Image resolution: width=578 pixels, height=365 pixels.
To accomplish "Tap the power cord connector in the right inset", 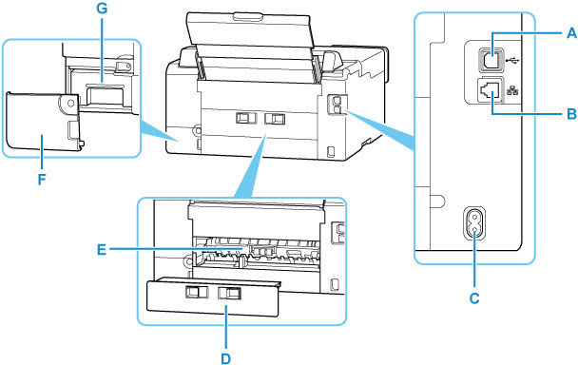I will pos(473,226).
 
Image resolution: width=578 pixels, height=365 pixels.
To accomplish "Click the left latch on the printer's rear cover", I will pos(243,116).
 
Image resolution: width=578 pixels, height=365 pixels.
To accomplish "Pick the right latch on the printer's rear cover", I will pos(276,116).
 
